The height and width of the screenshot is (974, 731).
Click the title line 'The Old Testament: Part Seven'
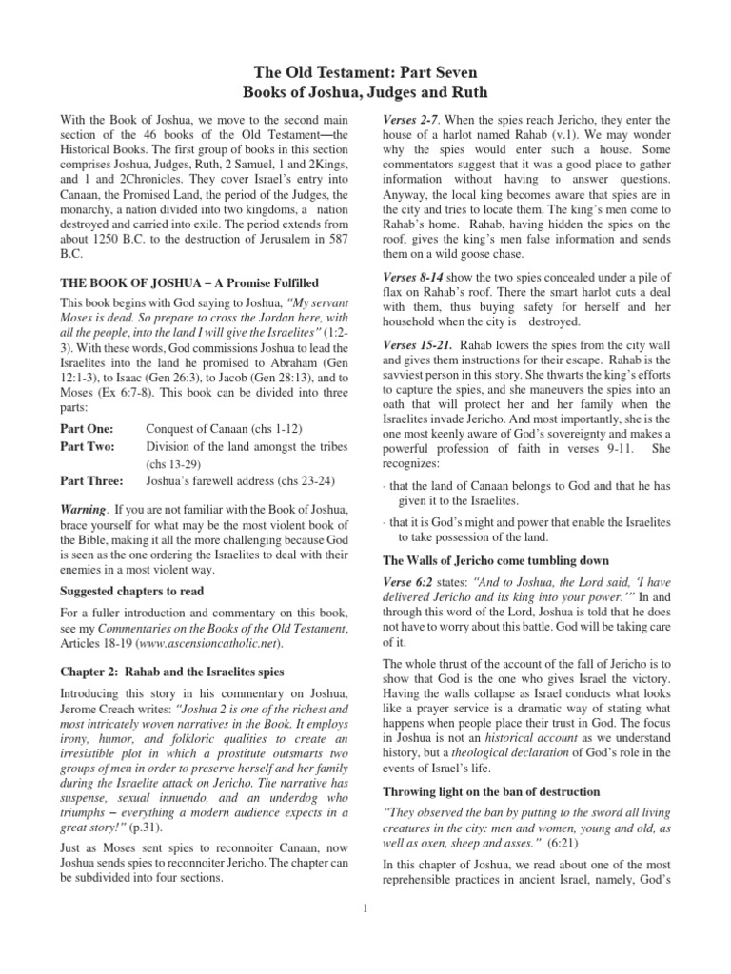pyautogui.click(x=365, y=72)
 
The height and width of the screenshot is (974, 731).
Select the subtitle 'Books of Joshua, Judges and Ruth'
pyautogui.click(x=365, y=92)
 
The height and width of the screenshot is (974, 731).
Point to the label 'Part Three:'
pyautogui.click(x=91, y=479)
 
